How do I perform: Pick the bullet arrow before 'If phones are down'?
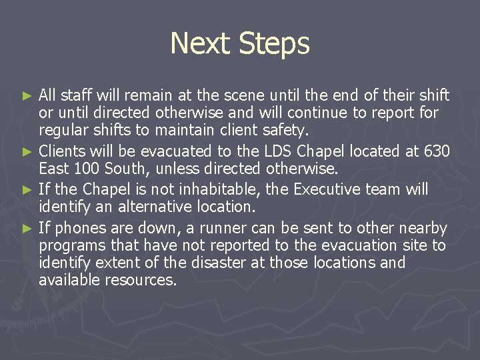pyautogui.click(x=27, y=229)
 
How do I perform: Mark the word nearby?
pyautogui.click(x=424, y=229)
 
